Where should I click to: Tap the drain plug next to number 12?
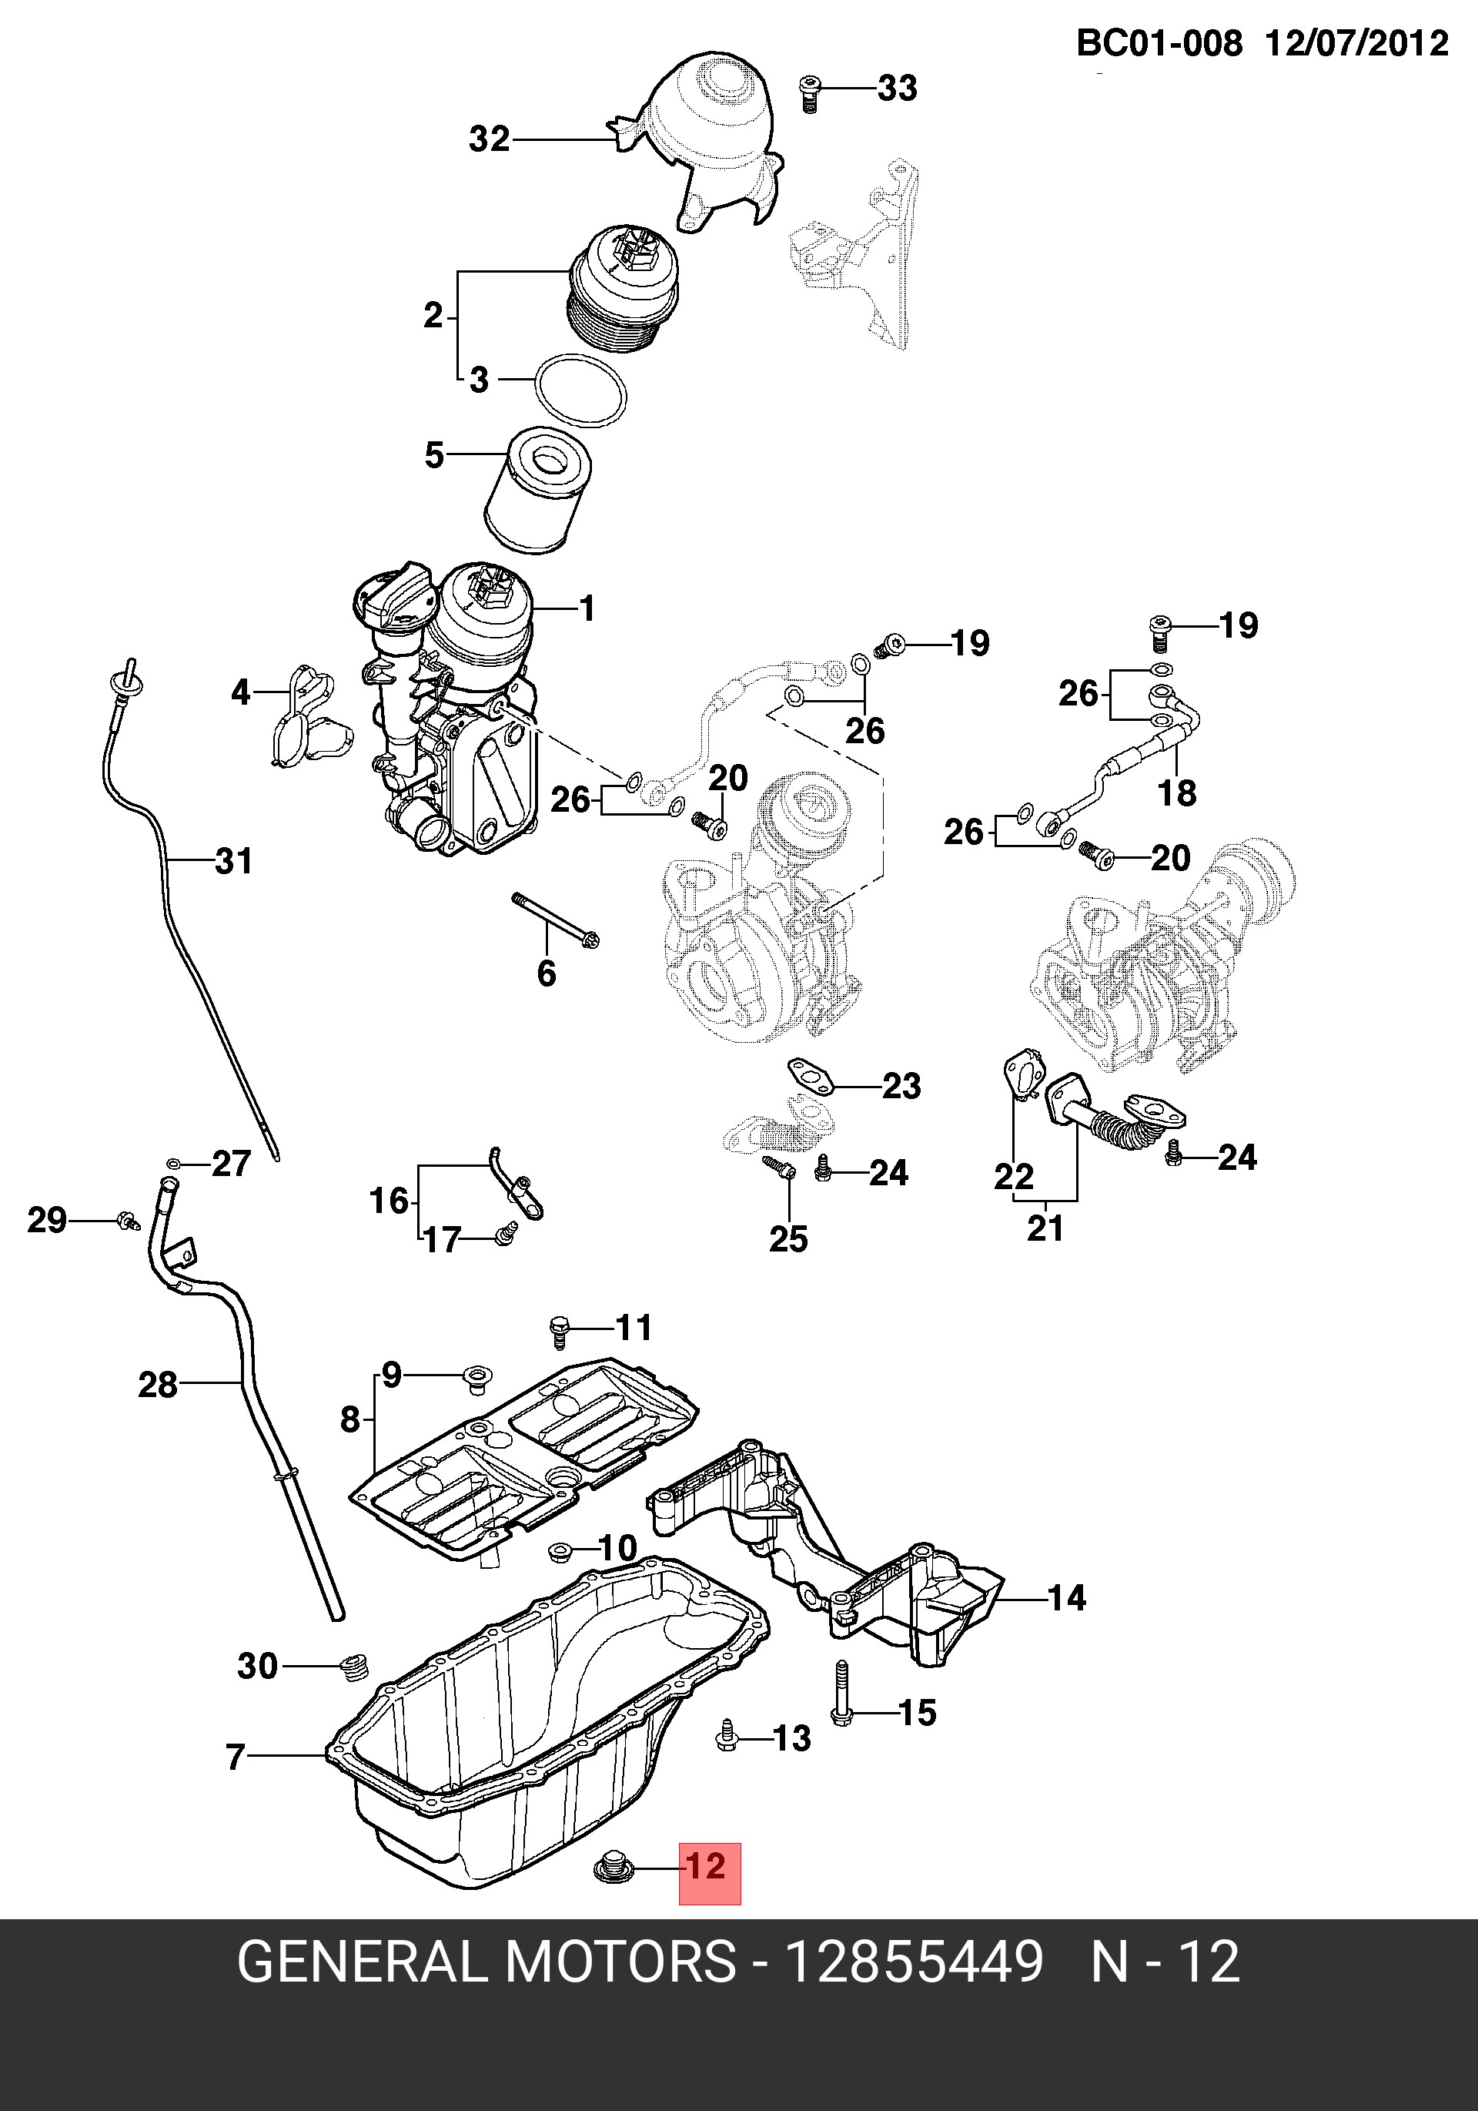click(x=613, y=1868)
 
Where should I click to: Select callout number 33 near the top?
click(x=897, y=89)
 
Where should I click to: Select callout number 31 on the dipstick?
click(x=233, y=862)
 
